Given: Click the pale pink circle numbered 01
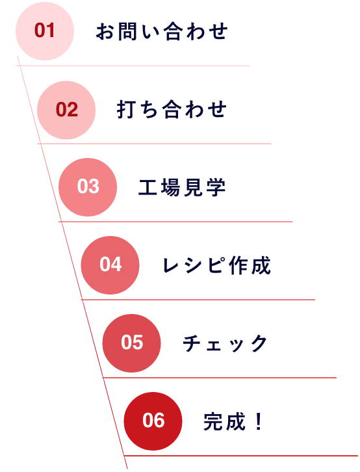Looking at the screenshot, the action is (45, 31).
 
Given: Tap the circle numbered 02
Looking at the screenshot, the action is (66, 110).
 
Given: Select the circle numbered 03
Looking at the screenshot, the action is (88, 187).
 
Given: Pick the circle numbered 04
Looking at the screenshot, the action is (110, 265).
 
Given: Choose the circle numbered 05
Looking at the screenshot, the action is (131, 343).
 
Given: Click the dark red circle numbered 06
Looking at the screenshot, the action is (153, 421).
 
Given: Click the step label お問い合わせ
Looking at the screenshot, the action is (162, 31).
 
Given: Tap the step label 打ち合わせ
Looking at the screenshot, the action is (172, 109).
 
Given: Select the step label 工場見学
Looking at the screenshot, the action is (182, 187).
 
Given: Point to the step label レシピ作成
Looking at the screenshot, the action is (216, 265).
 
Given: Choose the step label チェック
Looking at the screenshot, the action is (225, 343).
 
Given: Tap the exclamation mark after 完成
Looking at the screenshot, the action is (258, 421).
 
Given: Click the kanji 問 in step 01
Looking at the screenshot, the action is (127, 31).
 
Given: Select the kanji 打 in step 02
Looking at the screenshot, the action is (126, 109).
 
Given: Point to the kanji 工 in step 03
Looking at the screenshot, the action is (148, 187).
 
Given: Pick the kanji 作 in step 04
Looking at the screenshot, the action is (238, 265).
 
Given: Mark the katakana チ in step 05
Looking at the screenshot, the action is (192, 343).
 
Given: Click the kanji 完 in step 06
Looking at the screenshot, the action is (213, 421).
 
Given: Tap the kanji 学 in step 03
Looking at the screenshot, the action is (216, 187).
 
